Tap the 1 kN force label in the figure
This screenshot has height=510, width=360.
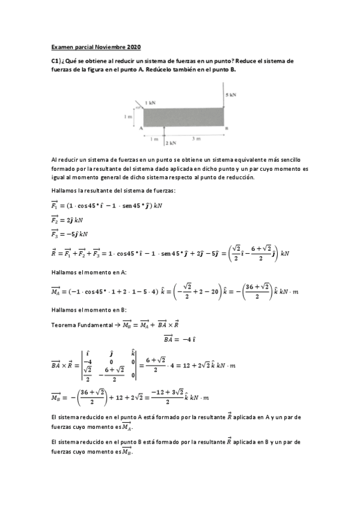click(150, 103)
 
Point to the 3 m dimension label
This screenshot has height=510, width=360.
click(196, 139)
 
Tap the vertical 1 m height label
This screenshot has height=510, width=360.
click(128, 117)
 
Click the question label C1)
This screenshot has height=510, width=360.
click(58, 61)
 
